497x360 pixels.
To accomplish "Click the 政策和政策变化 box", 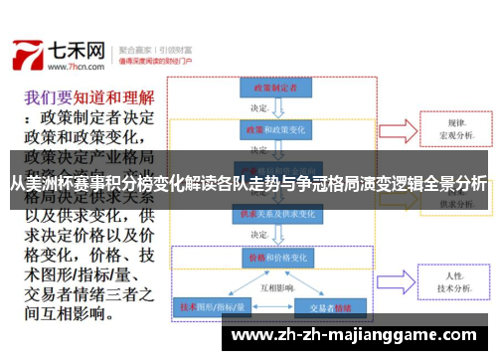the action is tap(271, 130).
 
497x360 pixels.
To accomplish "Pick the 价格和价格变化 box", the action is tap(271, 256).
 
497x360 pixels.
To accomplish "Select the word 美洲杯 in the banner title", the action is tap(46, 183).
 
